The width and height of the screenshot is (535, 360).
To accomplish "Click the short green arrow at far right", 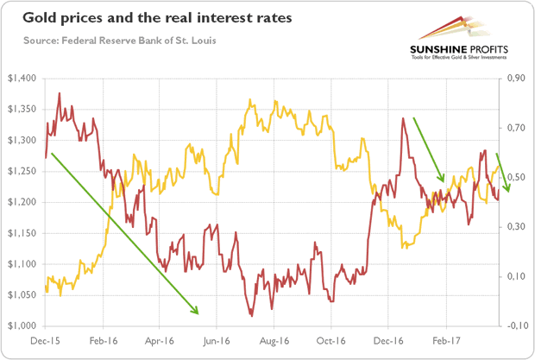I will (x=502, y=173).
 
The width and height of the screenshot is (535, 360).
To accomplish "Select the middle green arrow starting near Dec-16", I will (x=429, y=149).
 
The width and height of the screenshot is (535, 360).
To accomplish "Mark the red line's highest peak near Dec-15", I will (x=59, y=93).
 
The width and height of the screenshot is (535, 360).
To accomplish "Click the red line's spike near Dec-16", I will (x=403, y=119).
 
